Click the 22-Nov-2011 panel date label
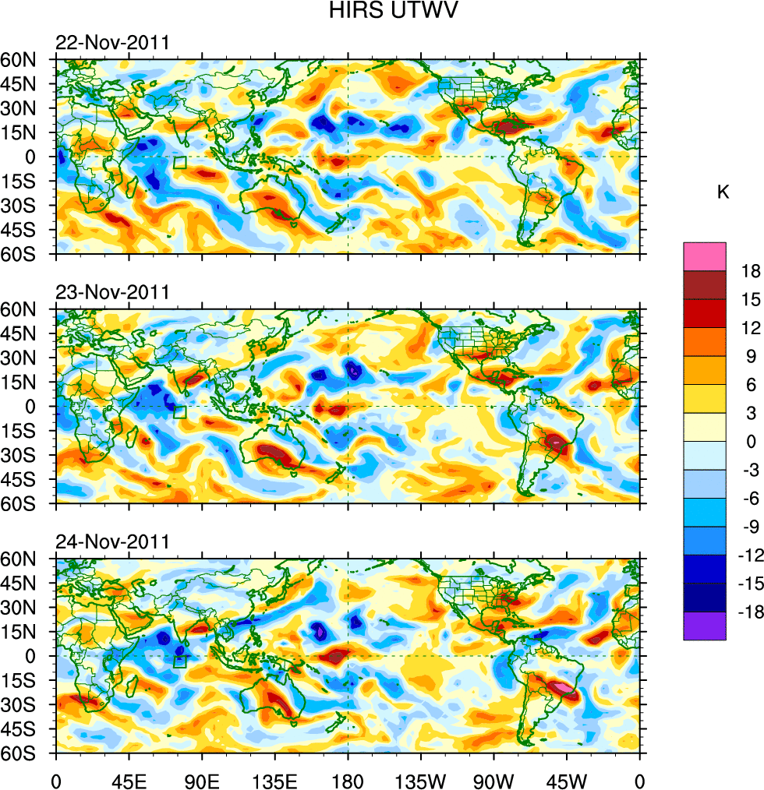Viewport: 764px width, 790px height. tap(112, 43)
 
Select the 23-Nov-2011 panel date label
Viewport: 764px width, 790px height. tap(112, 293)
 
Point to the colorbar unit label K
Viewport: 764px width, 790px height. tap(723, 192)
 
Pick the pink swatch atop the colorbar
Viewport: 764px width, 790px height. tap(705, 256)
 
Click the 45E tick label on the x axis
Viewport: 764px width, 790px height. tap(129, 779)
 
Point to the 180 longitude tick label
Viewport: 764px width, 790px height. tap(348, 779)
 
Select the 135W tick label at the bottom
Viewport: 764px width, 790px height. tap(420, 779)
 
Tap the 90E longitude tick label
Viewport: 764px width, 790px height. tap(202, 779)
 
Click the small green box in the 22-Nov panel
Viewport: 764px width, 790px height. tap(180, 163)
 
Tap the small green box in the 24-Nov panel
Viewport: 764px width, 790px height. tap(180, 661)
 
